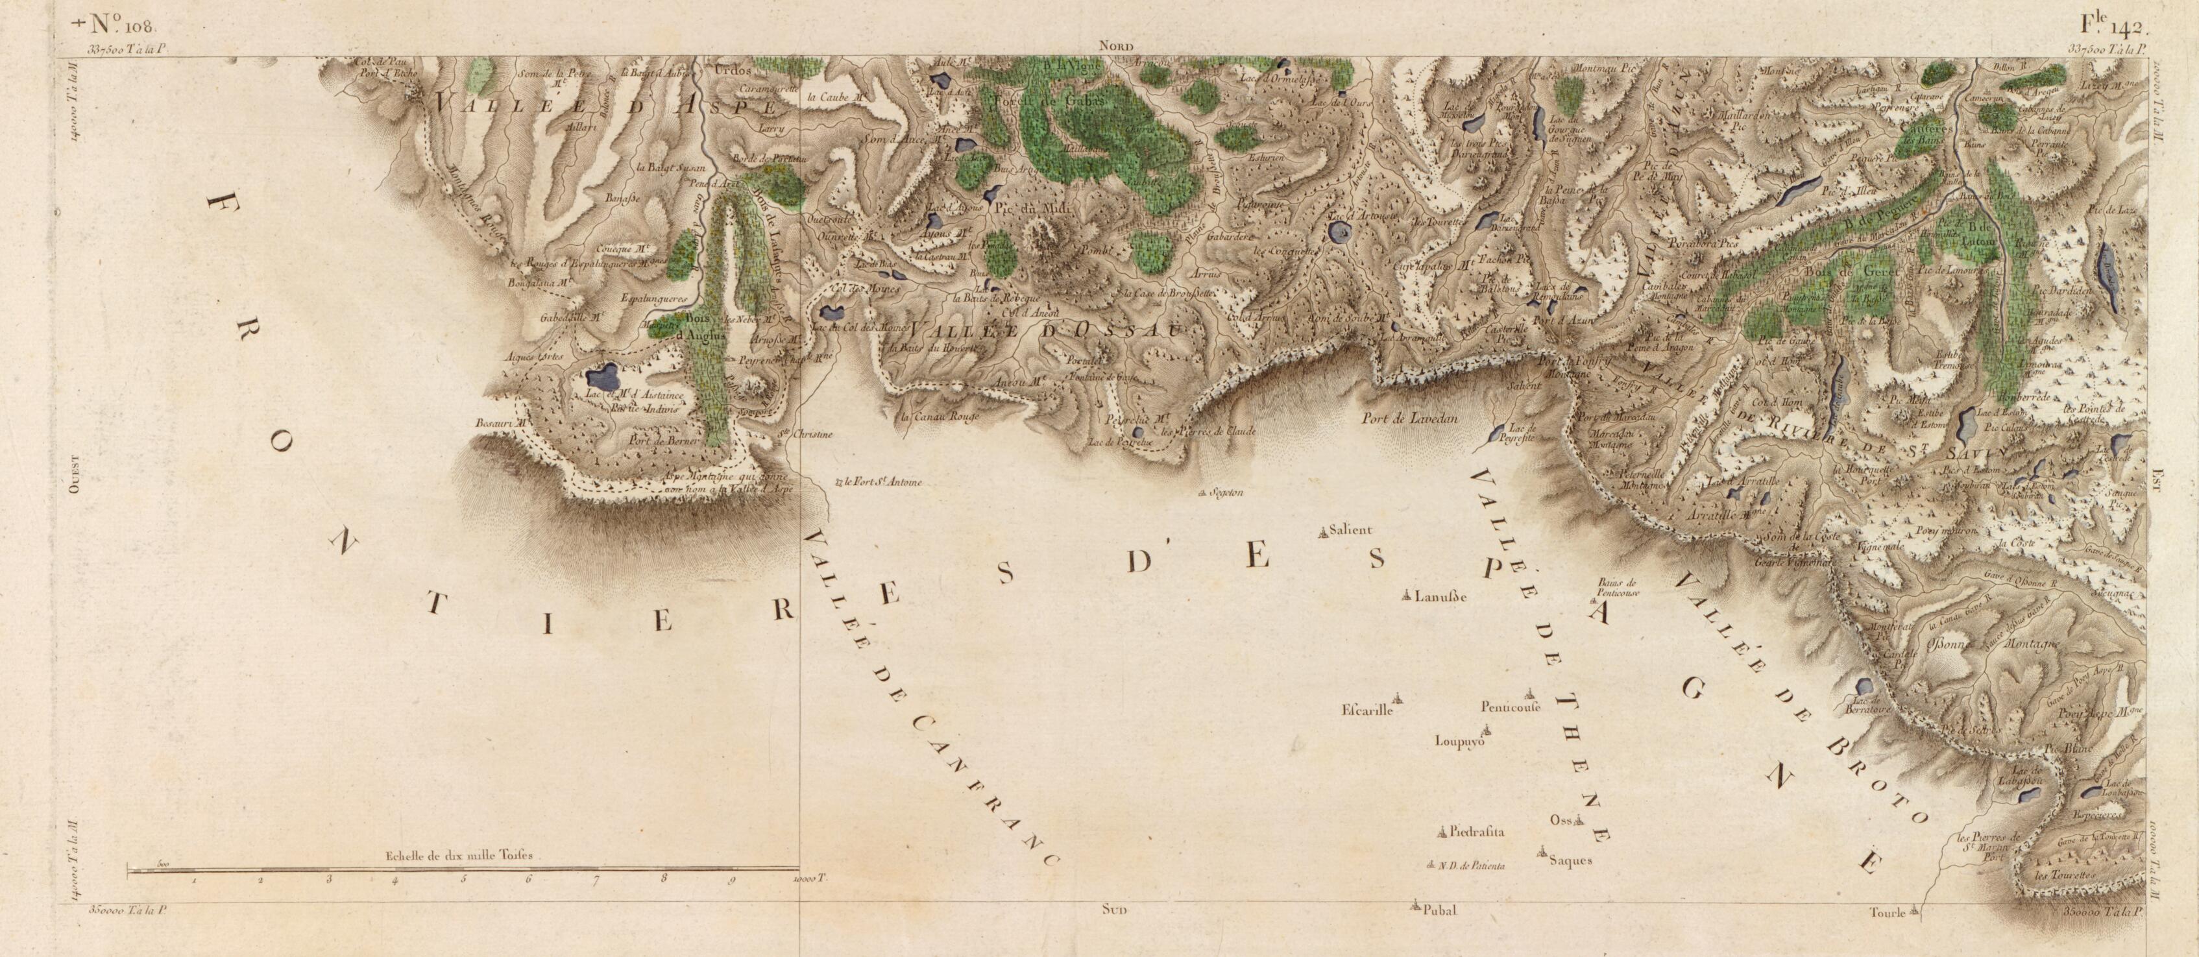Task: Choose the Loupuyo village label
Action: [1461, 742]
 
